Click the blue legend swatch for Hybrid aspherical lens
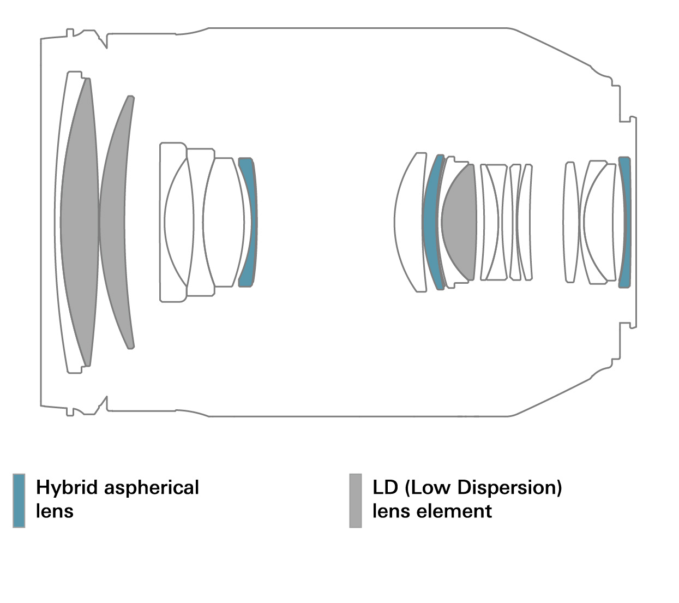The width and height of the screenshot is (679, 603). [x=19, y=500]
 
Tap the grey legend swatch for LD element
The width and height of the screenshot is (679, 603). [x=356, y=500]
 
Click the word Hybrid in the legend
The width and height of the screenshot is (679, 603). [x=67, y=487]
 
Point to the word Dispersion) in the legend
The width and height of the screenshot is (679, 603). [x=509, y=487]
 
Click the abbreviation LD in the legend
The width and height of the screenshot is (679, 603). [x=386, y=487]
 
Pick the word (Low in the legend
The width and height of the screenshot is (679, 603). [x=427, y=487]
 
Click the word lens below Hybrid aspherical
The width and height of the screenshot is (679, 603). [x=55, y=511]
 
